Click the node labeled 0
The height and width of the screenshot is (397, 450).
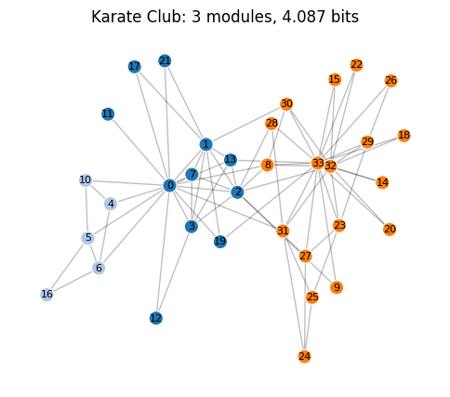pyautogui.click(x=169, y=185)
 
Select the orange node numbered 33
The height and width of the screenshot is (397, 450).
pyautogui.click(x=318, y=163)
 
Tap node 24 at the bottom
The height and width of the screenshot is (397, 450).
pyautogui.click(x=305, y=356)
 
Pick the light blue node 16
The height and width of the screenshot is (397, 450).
pyautogui.click(x=46, y=295)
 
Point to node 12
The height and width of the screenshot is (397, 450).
pyautogui.click(x=156, y=318)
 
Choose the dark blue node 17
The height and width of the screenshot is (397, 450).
pyautogui.click(x=135, y=67)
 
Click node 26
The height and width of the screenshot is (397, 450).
pyautogui.click(x=390, y=81)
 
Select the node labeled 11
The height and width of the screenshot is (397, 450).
pyautogui.click(x=108, y=114)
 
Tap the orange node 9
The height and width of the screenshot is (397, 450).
pyautogui.click(x=337, y=287)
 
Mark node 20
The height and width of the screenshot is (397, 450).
pyautogui.click(x=390, y=229)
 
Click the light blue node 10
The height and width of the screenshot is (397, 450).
pyautogui.click(x=86, y=180)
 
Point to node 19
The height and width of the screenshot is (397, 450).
pyautogui.click(x=220, y=242)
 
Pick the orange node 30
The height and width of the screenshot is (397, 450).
pyautogui.click(x=286, y=104)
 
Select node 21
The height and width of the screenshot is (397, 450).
pyautogui.click(x=165, y=60)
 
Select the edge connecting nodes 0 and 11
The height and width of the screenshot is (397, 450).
pyautogui.click(x=139, y=150)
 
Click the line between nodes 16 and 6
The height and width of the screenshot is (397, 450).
pyautogui.click(x=73, y=281)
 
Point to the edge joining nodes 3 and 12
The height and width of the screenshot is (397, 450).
pyautogui.click(x=174, y=272)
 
